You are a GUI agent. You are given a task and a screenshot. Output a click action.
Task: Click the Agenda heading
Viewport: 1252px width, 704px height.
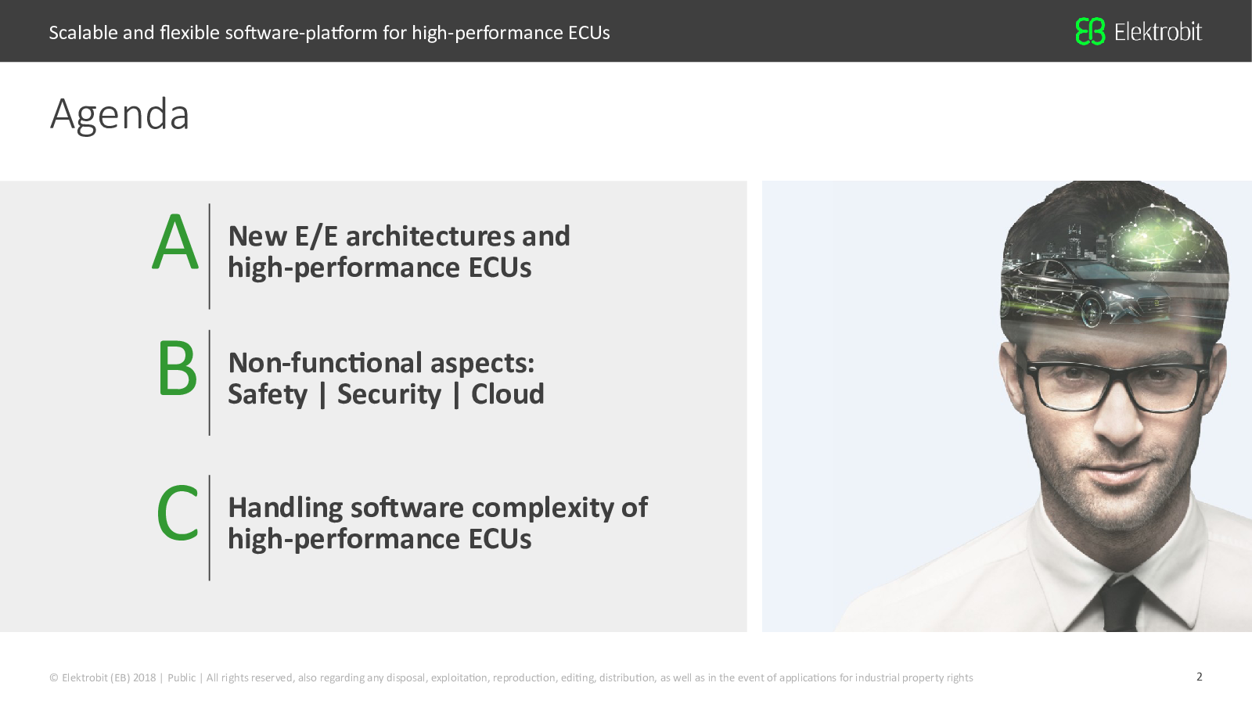[x=120, y=115]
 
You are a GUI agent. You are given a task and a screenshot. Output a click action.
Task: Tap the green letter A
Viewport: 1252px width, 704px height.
[x=175, y=242]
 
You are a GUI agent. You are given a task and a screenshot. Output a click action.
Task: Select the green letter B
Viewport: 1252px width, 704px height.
[x=177, y=368]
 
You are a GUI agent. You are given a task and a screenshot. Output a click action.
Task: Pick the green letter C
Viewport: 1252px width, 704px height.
[x=177, y=513]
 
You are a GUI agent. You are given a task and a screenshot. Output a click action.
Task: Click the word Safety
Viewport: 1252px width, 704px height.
[x=268, y=395]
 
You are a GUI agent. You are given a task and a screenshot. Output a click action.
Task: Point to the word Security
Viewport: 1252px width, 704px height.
[x=389, y=395]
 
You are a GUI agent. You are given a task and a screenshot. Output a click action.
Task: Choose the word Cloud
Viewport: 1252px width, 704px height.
[x=508, y=394]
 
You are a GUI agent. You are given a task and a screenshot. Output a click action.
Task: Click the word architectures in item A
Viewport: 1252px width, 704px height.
[x=430, y=236]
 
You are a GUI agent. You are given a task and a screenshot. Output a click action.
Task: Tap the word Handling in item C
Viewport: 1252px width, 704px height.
[x=286, y=509]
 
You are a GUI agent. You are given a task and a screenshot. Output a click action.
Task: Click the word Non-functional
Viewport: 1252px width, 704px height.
[x=326, y=363]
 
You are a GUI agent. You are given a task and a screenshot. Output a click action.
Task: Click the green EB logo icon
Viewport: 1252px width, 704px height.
[x=1090, y=31]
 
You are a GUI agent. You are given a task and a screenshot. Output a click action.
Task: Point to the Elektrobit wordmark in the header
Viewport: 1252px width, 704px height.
[x=1157, y=32]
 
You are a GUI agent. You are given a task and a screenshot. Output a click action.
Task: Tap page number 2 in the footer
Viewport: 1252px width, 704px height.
[x=1200, y=677]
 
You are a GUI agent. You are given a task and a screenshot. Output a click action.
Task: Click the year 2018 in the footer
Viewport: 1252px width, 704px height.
[x=144, y=677]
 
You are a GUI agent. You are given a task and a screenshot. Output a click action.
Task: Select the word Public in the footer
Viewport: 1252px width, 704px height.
[x=182, y=677]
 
